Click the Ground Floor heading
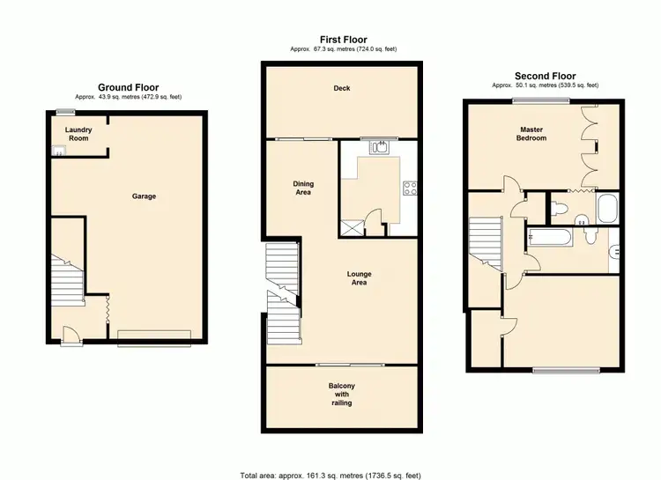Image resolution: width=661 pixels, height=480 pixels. click(129, 87)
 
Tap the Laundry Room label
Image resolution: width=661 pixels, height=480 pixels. click(78, 134)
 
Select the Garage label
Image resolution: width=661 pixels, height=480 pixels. click(144, 196)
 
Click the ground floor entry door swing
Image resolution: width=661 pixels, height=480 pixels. click(70, 335)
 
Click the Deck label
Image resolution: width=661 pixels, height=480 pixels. click(342, 88)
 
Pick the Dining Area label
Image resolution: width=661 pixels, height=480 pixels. click(303, 188)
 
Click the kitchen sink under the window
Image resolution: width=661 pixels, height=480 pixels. click(380, 148)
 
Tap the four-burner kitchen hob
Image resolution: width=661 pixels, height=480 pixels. click(410, 188)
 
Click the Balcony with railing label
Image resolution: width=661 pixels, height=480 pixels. click(341, 395)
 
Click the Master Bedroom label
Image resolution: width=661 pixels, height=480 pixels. click(531, 134)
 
